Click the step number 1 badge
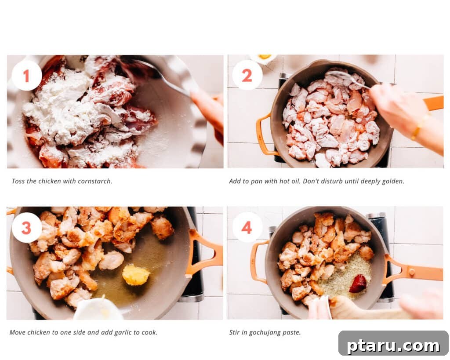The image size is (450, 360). tap(27, 76)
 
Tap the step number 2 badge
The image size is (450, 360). tap(247, 75)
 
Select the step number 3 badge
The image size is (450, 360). tap(27, 228)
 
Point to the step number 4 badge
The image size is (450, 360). tap(247, 227)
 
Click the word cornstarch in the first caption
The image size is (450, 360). tap(95, 181)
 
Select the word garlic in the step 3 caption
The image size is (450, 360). tap(123, 333)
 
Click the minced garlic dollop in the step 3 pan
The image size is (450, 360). tap(136, 275)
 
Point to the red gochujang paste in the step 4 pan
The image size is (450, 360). tap(358, 284)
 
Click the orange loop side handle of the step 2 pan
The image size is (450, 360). tap(264, 135)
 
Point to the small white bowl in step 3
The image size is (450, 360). tap(98, 309)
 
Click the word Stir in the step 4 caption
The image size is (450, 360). tap(234, 332)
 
